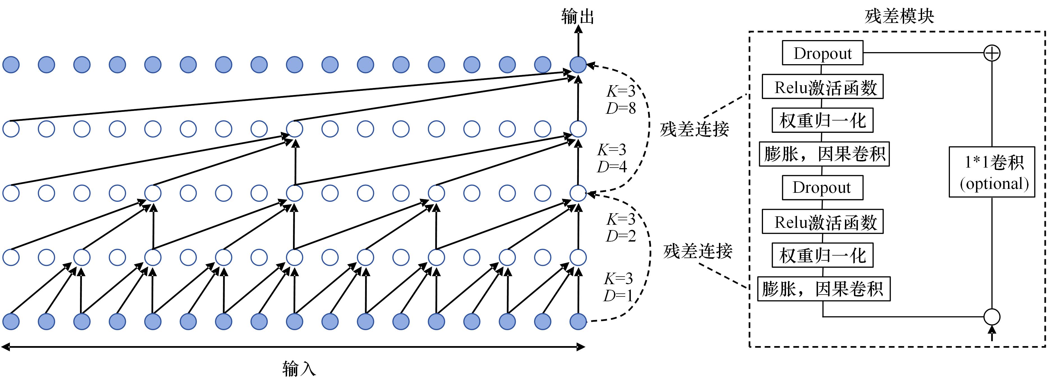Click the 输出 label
578,17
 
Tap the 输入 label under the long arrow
299,369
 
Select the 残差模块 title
899,17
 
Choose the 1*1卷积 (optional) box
992,172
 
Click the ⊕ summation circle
992,53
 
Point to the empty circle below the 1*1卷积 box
992,317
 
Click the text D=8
621,108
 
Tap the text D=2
621,236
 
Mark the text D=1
618,296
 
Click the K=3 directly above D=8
621,91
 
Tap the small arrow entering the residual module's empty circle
992,334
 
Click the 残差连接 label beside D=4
694,129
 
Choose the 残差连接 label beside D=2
697,251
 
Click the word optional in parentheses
994,184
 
